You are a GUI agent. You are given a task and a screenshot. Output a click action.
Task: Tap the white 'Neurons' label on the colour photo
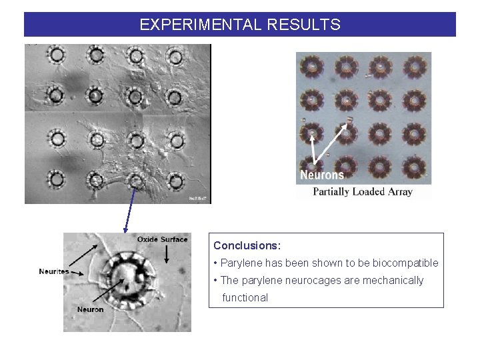[322, 175]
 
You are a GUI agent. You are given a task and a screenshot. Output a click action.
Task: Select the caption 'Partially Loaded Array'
[363, 192]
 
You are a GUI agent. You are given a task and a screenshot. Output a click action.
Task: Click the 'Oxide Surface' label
[163, 239]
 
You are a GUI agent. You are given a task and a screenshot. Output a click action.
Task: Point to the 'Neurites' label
[54, 271]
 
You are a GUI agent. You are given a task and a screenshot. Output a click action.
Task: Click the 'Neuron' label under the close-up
[91, 309]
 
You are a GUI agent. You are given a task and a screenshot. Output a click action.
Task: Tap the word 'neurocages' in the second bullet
[313, 281]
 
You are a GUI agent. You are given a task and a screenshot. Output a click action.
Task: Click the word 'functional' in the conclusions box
[245, 298]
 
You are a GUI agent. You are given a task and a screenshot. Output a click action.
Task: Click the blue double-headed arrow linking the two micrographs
[130, 209]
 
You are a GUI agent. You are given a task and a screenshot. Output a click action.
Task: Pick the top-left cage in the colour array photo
[311, 66]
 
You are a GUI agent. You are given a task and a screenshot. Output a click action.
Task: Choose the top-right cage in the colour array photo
[415, 66]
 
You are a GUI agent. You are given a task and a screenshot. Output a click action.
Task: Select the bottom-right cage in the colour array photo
[415, 167]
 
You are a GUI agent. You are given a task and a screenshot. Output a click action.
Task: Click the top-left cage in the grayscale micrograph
[57, 55]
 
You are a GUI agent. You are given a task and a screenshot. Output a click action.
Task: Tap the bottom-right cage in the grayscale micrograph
[175, 180]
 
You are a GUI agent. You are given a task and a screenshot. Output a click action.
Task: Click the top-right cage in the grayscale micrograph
[175, 55]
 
